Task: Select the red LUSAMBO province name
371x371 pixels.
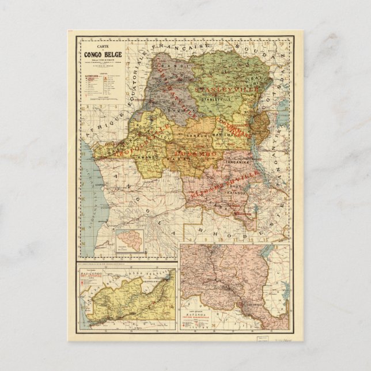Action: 196,155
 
